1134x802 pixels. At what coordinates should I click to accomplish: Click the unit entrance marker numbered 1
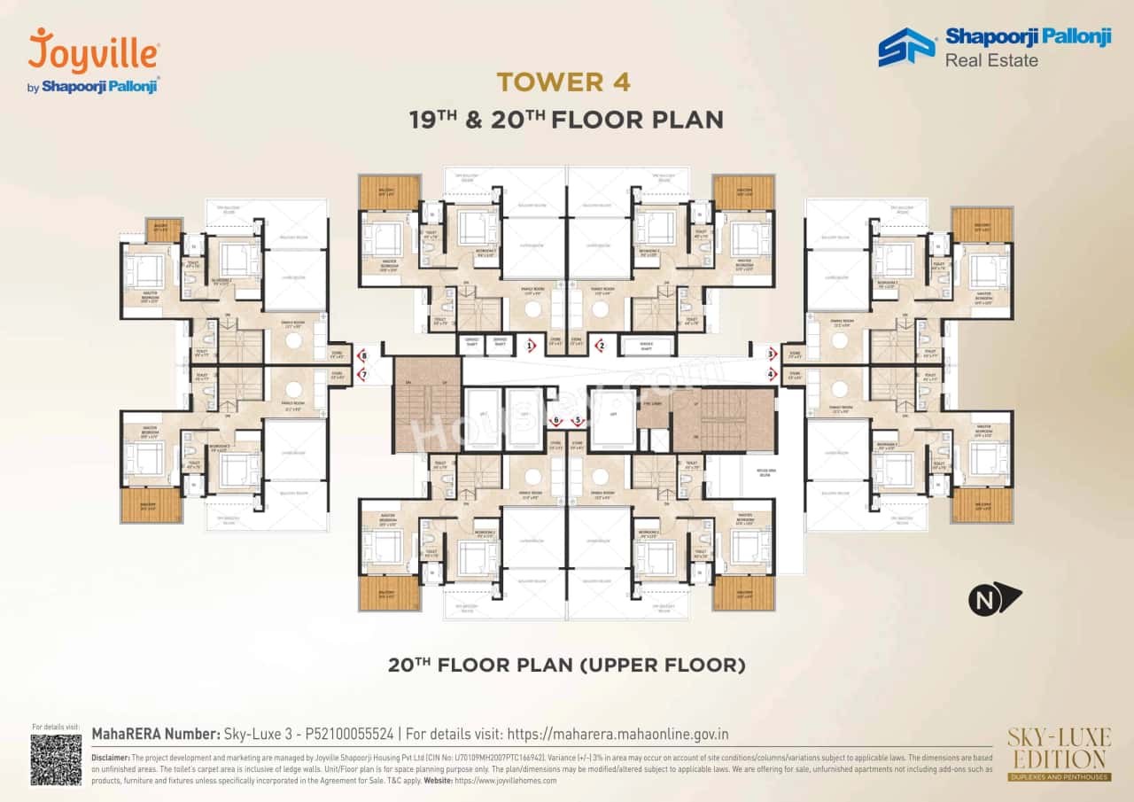530,346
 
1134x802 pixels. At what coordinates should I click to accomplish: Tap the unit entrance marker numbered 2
600,346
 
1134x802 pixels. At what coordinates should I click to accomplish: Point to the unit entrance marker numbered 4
772,374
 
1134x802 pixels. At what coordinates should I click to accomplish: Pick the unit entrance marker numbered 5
579,421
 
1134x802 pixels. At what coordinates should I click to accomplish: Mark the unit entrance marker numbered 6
556,421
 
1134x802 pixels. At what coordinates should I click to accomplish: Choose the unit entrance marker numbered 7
361,375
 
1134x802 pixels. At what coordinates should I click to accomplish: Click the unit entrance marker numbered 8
361,355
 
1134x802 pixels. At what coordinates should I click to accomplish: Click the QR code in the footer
56,759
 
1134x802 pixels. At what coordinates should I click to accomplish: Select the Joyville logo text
94,52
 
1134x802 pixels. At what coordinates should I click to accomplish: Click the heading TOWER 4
563,82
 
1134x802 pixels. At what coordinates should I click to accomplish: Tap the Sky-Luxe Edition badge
1057,754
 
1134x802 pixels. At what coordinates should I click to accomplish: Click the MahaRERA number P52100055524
339,734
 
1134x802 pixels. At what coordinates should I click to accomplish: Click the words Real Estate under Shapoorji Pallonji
991,60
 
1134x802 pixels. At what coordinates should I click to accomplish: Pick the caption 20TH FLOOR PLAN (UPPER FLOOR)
567,665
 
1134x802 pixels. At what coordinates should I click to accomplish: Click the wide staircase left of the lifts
427,404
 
